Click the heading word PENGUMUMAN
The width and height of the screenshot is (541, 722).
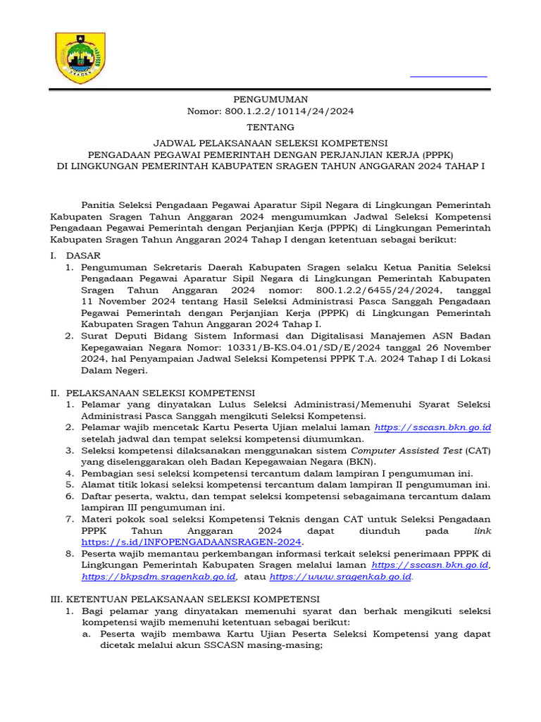[x=270, y=99]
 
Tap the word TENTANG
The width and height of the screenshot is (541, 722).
[x=270, y=128]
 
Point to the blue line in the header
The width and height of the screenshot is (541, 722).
[x=449, y=75]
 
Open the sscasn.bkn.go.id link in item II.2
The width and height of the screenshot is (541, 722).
[x=433, y=427]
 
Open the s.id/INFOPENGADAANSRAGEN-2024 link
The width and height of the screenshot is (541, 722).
[x=192, y=541]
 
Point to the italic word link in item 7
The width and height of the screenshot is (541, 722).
[x=483, y=530]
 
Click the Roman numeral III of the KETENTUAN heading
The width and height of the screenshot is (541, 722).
[x=56, y=599]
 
